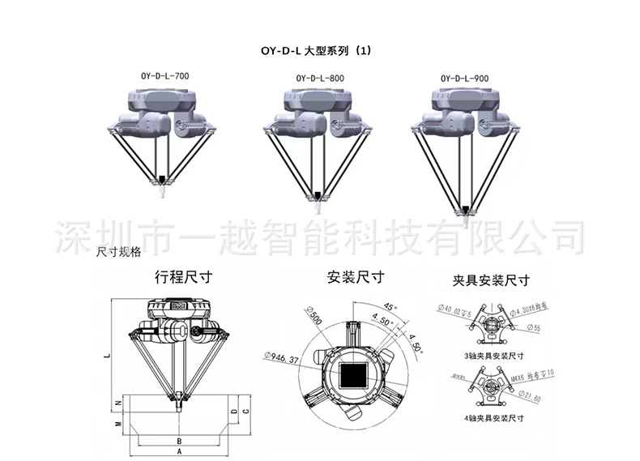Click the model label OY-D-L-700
165,76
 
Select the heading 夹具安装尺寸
491,281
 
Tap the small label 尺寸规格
119,252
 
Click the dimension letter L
106,353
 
